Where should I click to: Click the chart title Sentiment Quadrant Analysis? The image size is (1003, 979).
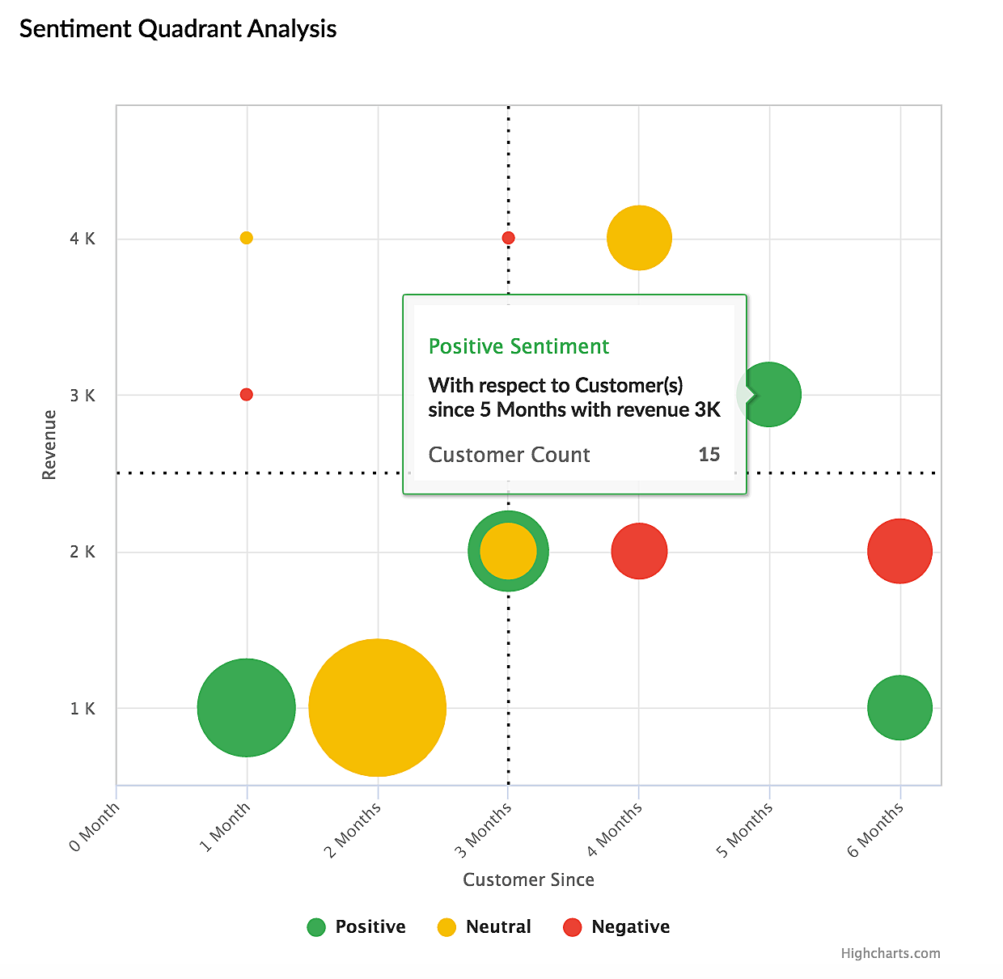point(178,29)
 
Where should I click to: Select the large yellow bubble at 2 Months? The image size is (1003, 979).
point(377,707)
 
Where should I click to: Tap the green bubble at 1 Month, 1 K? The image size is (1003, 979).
point(246,707)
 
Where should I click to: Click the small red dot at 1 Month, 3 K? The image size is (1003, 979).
point(247,395)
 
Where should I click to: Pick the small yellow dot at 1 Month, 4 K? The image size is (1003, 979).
point(247,238)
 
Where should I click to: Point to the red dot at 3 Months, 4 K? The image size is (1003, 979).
point(508,238)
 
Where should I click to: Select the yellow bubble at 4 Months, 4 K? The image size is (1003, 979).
point(639,238)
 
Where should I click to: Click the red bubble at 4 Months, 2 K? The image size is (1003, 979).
point(639,551)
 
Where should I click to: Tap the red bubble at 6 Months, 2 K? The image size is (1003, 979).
point(899,551)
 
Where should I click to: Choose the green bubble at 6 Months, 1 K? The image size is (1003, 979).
point(899,707)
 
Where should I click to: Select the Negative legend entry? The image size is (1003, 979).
point(617,927)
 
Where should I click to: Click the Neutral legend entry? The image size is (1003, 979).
point(485,927)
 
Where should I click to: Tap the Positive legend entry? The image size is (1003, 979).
point(357,927)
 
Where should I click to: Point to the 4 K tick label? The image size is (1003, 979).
point(83,239)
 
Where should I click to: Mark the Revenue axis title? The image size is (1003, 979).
point(49,445)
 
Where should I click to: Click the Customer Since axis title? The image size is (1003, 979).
point(528,880)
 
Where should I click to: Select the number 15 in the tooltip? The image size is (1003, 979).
point(709,455)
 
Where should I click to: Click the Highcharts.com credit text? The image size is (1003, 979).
point(890,953)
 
